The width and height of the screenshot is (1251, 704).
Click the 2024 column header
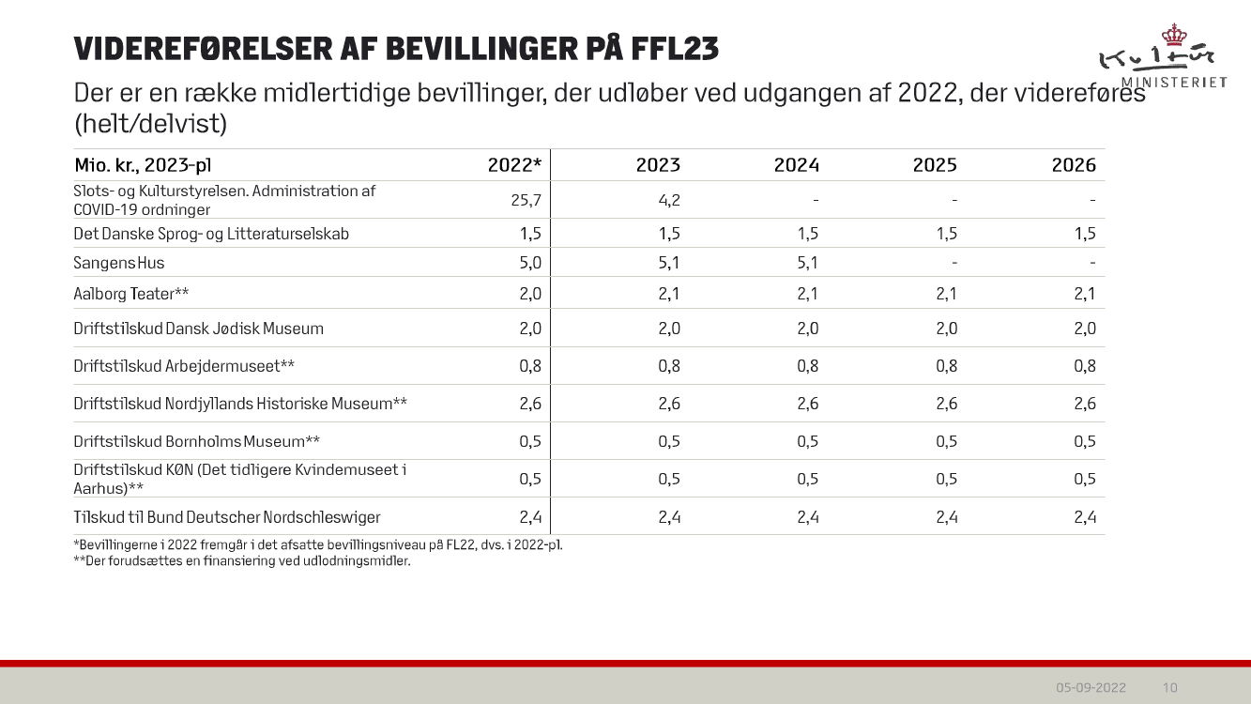796,165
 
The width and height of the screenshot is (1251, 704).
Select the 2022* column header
514,165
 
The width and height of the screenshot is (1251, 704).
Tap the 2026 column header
1074,165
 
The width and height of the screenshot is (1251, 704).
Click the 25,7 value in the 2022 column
526,200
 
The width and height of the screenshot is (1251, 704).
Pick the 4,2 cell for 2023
669,200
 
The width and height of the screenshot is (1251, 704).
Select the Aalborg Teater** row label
131,294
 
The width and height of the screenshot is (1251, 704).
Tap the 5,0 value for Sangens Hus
530,263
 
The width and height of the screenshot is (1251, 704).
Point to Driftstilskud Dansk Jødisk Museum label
198,329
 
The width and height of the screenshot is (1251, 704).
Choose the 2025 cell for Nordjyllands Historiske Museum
946,404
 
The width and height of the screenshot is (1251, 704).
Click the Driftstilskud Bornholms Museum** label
197,441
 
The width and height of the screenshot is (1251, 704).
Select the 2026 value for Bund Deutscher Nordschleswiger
1085,517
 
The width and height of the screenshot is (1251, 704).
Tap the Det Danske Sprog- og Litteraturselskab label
211,234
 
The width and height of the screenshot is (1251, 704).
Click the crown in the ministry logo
1173,36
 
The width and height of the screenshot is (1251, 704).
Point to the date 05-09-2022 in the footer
1091,687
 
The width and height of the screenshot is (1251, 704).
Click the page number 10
1170,687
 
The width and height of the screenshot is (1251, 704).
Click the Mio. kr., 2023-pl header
143,165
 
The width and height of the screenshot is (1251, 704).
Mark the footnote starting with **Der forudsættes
242,561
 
